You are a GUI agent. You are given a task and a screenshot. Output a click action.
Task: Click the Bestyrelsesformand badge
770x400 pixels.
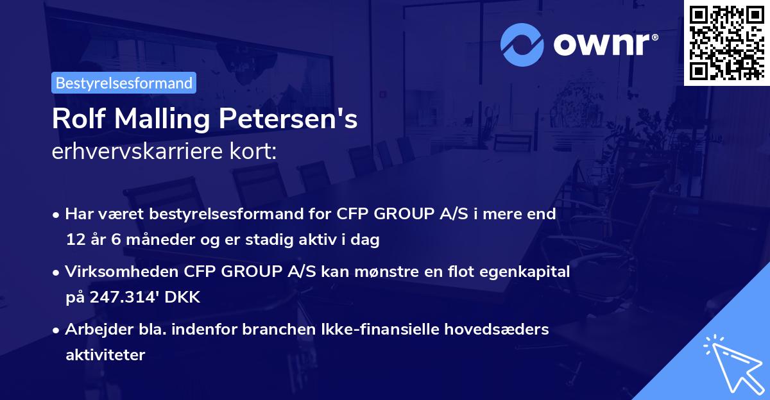(124, 83)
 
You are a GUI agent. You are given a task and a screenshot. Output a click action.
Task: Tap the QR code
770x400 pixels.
(726, 42)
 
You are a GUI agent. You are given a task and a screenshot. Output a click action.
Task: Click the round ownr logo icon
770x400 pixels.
(522, 45)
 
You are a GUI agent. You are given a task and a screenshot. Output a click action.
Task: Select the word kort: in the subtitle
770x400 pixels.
(256, 151)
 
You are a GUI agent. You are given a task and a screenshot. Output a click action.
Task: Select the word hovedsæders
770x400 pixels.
(501, 329)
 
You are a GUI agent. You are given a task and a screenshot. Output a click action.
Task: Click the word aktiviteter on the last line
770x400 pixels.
(105, 354)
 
